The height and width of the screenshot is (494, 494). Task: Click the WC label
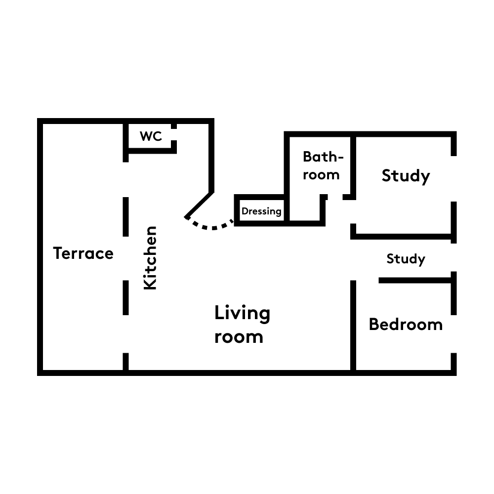point(151,136)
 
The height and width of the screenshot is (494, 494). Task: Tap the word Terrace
point(83,253)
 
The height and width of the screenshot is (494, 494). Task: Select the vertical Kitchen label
point(150,258)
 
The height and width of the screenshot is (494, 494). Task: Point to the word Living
point(242,314)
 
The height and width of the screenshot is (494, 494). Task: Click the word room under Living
point(239,337)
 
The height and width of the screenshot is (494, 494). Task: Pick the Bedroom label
point(406,325)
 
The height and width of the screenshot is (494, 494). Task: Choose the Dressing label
point(261,211)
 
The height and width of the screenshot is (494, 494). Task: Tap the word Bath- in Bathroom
point(323,157)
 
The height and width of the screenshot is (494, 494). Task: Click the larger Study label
point(406,176)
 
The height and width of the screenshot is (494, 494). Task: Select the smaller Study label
point(406,259)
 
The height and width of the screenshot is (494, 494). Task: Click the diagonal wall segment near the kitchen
point(199,205)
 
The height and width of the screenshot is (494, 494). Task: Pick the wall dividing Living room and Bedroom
point(353,325)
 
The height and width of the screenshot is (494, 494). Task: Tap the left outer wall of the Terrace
point(40,247)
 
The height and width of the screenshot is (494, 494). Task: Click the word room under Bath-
point(322,175)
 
